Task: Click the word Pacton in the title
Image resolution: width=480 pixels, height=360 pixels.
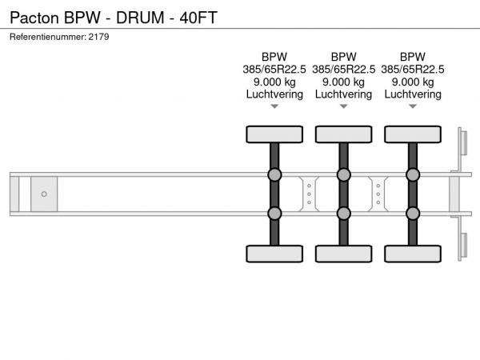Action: pos(34,18)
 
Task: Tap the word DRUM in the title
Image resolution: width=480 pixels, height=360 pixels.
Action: pos(140,18)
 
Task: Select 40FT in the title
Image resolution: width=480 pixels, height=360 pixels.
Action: pos(198,18)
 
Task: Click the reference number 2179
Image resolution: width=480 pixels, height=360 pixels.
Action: pos(98,37)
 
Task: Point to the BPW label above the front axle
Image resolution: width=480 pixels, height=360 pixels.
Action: pos(274,57)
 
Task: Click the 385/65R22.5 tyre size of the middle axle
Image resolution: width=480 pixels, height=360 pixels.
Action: pos(343,70)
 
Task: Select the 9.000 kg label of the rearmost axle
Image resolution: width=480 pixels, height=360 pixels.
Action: pos(413,82)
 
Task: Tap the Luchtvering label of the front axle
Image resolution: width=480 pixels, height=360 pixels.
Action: pos(274,94)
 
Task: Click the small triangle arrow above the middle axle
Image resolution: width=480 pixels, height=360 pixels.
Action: pos(343,106)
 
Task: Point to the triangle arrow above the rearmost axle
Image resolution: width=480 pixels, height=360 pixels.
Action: pos(413,106)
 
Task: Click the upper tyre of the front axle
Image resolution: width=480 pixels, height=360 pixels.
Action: pos(274,134)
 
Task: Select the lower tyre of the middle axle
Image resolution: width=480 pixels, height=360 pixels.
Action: pos(343,254)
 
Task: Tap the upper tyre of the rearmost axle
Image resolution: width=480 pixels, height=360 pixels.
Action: pos(413,134)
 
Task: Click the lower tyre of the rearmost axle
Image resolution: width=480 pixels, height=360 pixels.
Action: pos(413,254)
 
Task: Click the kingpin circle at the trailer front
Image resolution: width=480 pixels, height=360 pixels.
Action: pos(44,194)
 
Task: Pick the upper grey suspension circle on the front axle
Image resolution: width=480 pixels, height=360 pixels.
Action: pos(274,174)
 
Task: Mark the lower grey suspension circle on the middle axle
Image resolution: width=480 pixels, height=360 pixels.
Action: pos(343,214)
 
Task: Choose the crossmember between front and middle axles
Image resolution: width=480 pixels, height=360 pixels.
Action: pos(309,194)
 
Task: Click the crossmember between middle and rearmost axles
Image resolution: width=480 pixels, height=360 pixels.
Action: pos(378,194)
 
